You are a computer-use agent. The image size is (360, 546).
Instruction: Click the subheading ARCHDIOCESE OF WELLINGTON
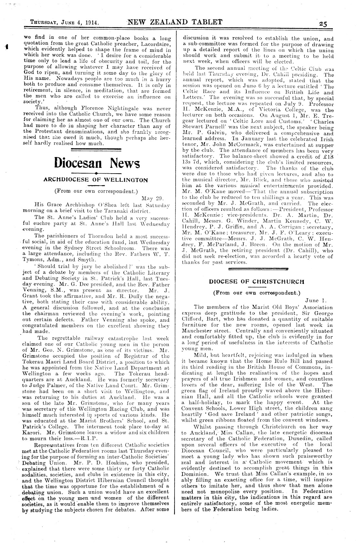(96, 180)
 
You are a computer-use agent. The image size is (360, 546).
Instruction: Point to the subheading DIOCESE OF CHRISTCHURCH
(257, 281)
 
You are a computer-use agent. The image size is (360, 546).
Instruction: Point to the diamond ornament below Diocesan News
(97, 174)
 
